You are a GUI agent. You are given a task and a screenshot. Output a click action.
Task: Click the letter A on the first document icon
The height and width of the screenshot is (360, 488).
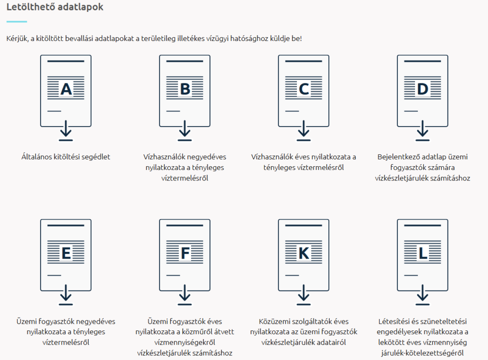click(66, 89)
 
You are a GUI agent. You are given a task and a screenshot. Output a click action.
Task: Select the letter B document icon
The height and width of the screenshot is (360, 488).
click(185, 89)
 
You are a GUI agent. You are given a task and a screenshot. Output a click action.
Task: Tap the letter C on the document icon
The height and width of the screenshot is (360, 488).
click(304, 89)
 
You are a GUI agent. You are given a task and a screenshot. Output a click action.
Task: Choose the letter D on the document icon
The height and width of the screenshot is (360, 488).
click(423, 89)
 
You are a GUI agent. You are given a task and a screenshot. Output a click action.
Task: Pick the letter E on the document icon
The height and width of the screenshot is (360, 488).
click(66, 253)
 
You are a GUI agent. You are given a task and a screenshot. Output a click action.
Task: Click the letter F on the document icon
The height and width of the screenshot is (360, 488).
click(185, 253)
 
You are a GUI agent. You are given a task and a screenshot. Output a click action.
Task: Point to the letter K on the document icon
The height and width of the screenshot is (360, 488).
click(304, 253)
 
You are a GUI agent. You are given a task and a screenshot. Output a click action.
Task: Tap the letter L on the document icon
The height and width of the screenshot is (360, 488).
click(423, 253)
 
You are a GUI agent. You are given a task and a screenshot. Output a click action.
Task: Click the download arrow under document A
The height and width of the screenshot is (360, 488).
click(66, 131)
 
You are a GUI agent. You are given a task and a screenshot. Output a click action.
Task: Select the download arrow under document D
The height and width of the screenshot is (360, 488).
click(423, 131)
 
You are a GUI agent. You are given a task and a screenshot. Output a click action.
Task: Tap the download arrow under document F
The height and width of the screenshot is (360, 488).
click(185, 295)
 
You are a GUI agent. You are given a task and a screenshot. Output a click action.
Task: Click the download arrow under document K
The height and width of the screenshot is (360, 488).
click(304, 295)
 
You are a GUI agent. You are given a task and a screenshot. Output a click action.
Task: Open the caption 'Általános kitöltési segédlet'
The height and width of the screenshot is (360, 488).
click(66, 157)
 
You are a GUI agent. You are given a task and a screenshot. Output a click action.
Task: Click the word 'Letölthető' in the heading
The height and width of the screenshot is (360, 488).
click(29, 8)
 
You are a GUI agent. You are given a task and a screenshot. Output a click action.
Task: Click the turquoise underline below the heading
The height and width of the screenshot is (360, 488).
click(17, 21)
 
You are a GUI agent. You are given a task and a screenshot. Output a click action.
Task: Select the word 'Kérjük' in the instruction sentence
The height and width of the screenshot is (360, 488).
click(18, 38)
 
